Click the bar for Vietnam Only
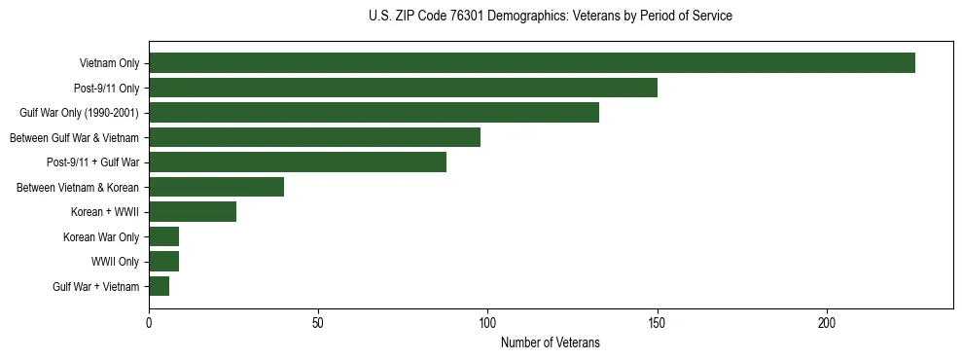click(532, 63)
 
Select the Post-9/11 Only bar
click(403, 88)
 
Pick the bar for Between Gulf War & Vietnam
click(314, 137)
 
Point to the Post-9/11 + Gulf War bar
click(298, 162)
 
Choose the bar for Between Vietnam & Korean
click(216, 187)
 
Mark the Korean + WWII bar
click(193, 212)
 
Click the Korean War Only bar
click(163, 236)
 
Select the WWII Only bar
click(163, 262)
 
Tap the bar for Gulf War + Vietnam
click(159, 286)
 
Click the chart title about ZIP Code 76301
click(551, 17)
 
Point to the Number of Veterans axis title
click(550, 343)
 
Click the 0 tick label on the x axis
click(149, 323)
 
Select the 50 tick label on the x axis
click(318, 323)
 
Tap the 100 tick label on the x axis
click(487, 323)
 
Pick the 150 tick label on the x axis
click(658, 323)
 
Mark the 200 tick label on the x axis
click(827, 323)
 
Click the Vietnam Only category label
click(109, 64)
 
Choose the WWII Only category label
click(115, 262)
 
